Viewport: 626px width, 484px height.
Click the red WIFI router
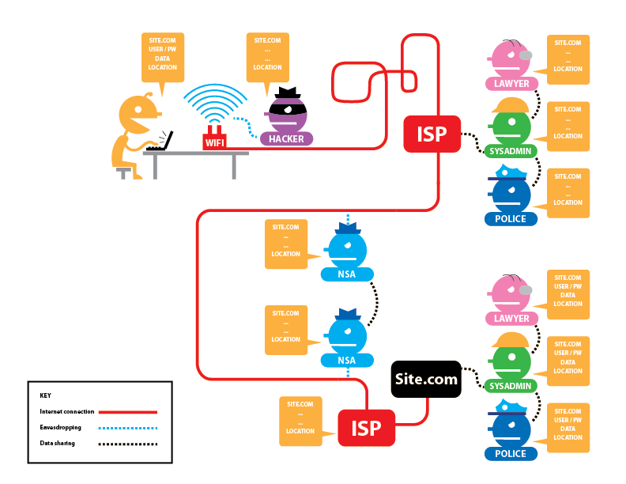click(x=214, y=139)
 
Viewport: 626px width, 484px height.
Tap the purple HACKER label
click(x=286, y=139)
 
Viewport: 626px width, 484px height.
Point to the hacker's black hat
click(x=285, y=93)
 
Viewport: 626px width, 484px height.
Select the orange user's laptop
click(x=161, y=142)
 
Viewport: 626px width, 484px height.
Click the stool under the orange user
click(x=123, y=171)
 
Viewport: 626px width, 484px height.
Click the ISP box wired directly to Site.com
click(x=366, y=429)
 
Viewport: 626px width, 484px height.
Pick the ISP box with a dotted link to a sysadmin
click(x=432, y=133)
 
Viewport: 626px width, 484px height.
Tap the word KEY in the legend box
click(x=46, y=395)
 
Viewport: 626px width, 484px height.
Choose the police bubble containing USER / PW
click(x=568, y=427)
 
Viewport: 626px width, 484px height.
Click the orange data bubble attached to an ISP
click(x=300, y=420)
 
